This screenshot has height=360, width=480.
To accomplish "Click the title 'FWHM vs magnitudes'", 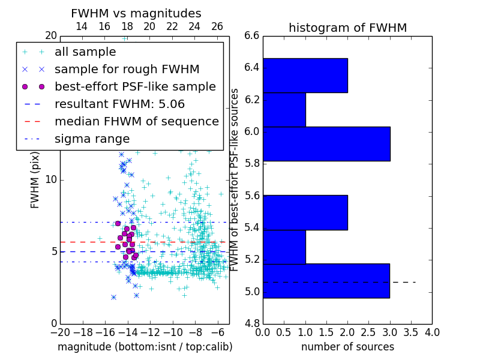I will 136,13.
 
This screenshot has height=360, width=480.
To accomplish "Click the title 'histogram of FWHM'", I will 347,28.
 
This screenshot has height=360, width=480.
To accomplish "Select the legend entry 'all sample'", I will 85,52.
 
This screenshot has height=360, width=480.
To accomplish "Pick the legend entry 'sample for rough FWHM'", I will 127,69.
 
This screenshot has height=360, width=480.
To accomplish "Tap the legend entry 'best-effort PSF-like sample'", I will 135,86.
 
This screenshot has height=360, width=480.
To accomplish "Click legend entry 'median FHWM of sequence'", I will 137,121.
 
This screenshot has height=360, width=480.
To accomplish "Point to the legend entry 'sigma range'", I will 92,139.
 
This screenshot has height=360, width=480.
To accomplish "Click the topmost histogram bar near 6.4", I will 305,75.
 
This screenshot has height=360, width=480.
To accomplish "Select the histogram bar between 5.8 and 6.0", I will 326,143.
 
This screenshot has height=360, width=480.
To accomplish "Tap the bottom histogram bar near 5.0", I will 326,281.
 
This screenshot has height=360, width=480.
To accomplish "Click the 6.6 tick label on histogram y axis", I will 252,36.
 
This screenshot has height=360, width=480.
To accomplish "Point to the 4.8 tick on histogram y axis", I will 252,324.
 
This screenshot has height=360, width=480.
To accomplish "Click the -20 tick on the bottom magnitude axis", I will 59,332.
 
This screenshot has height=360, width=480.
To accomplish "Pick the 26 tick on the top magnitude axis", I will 217,26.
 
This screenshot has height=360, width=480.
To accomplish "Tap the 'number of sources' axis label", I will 347,347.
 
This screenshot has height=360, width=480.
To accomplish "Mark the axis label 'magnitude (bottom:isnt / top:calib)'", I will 145,347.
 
